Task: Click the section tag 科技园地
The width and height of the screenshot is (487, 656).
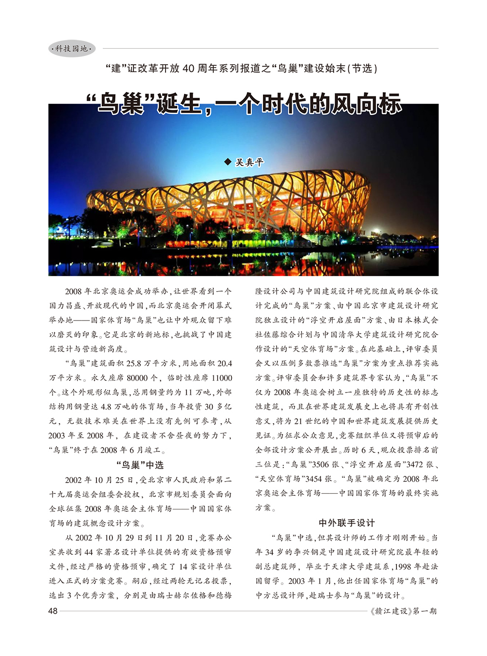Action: click(72, 49)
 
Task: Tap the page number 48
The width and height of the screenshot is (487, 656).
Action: click(53, 611)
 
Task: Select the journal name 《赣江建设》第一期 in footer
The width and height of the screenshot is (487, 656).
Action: click(403, 611)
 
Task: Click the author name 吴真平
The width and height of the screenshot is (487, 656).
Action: click(249, 162)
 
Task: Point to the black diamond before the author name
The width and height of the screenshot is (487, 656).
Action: click(227, 162)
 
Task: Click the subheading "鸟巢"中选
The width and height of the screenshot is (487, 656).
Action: click(140, 465)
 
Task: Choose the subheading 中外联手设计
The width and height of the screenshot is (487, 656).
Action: click(347, 523)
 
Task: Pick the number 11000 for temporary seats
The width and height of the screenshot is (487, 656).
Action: click(221, 378)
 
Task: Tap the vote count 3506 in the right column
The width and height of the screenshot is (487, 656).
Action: click(320, 465)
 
